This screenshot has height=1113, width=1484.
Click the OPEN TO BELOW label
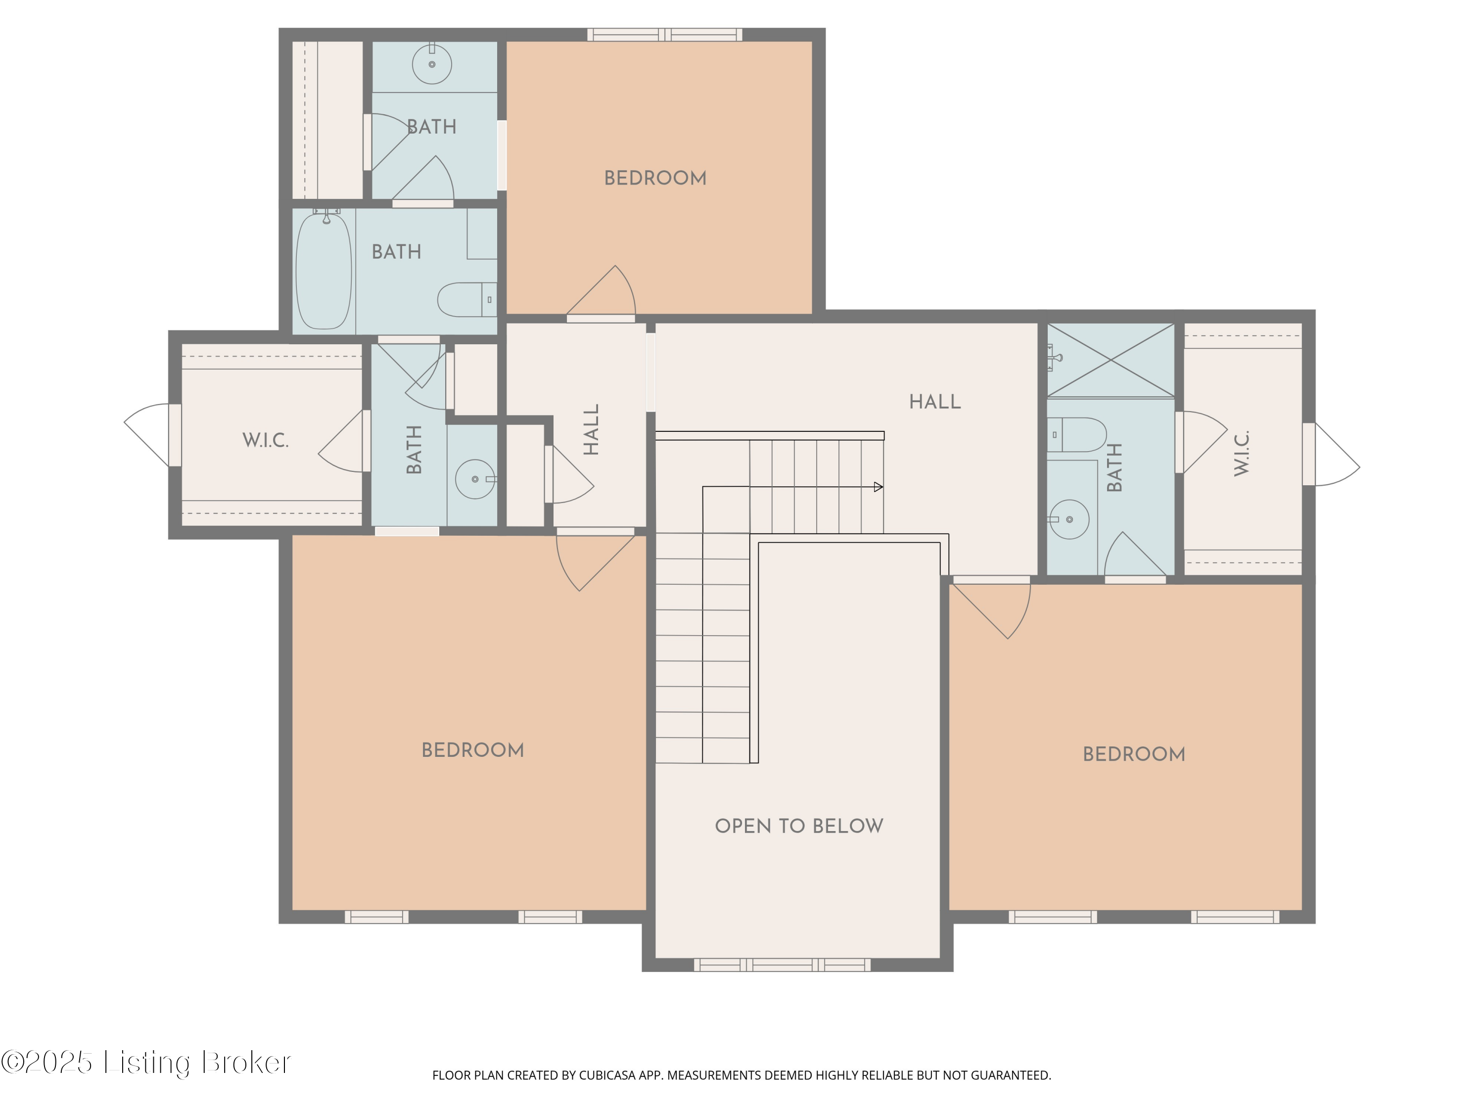[x=798, y=826]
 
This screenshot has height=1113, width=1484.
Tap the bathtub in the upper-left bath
[x=324, y=271]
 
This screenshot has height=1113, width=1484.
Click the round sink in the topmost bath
[x=431, y=64]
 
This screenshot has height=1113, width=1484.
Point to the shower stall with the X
[x=1111, y=360]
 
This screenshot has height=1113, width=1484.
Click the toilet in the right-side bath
[x=1077, y=435]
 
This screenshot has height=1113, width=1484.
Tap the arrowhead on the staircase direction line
[x=878, y=487]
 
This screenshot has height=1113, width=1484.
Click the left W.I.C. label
[x=266, y=441]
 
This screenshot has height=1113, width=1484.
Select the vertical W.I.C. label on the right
[x=1242, y=454]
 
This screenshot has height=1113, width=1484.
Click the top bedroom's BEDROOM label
[x=655, y=179]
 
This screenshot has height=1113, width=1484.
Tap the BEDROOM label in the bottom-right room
[x=1134, y=754]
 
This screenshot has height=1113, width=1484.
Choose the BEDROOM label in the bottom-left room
[x=472, y=750]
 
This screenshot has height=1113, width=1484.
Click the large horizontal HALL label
[x=934, y=402]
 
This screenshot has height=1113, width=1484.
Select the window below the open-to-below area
[x=782, y=965]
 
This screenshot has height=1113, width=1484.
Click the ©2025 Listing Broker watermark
[x=146, y=1062]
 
